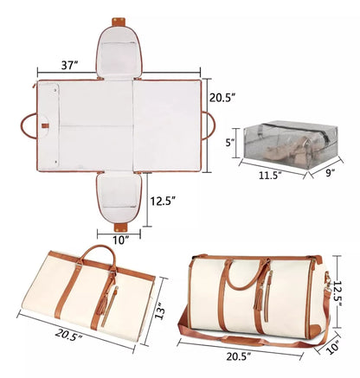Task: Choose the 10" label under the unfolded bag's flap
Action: pos(121,238)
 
